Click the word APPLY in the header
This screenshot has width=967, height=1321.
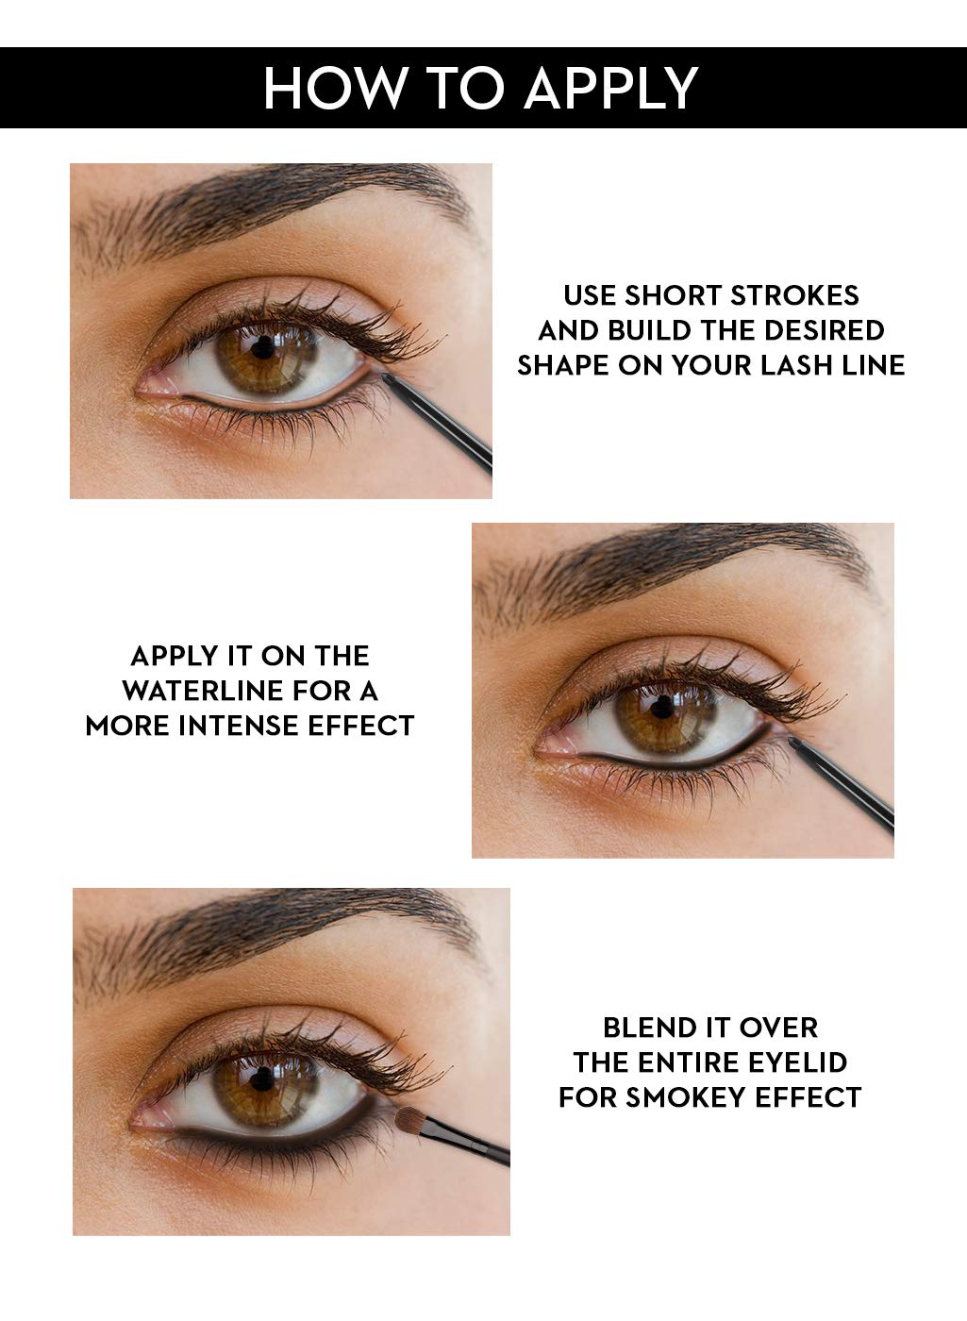pyautogui.click(x=610, y=88)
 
